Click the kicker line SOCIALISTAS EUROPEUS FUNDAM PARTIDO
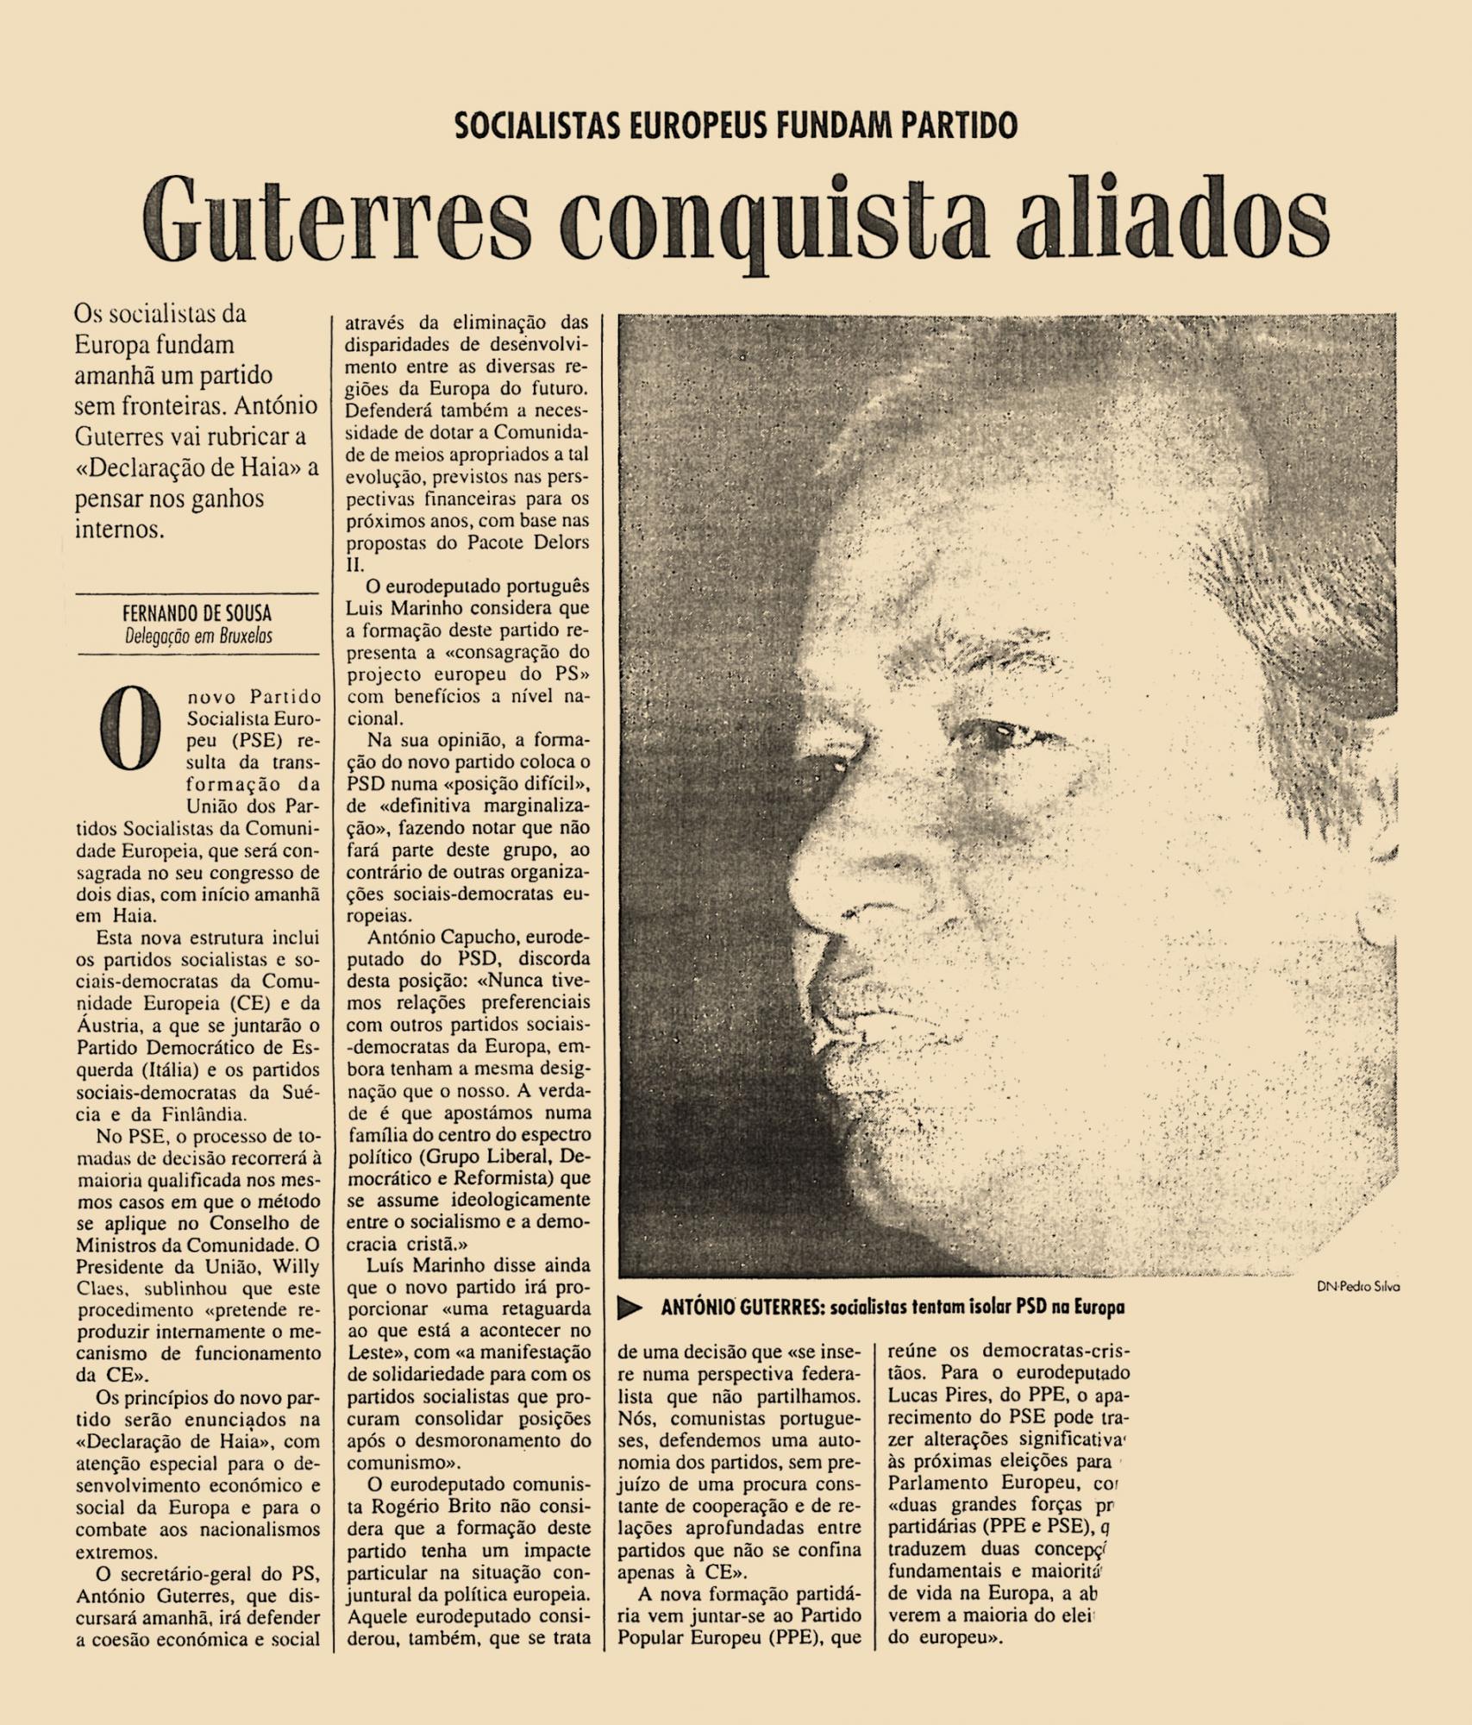736,126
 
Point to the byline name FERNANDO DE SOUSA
197,613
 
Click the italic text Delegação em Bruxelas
198,637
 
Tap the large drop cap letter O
130,730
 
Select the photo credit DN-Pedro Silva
1357,1286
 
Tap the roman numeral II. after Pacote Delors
355,565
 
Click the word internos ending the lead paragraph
119,529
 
